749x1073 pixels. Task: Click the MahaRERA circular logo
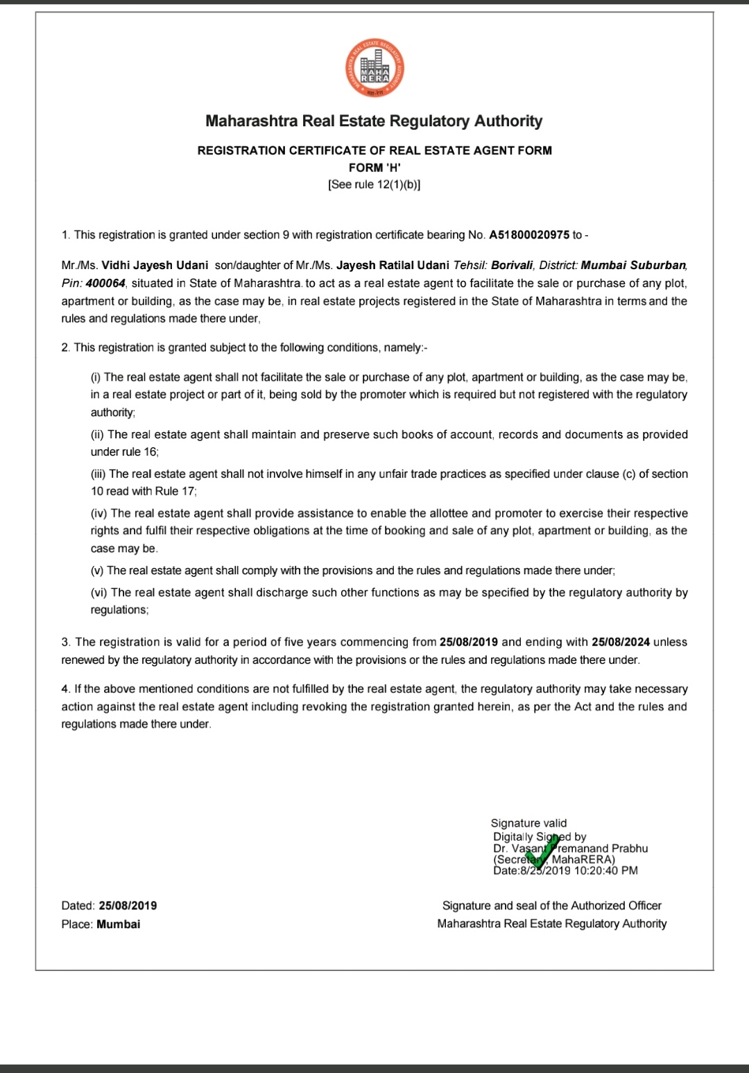click(x=374, y=69)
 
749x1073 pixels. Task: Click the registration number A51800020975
click(x=529, y=235)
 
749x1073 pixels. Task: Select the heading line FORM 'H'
click(x=374, y=168)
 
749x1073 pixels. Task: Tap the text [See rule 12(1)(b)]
click(x=374, y=184)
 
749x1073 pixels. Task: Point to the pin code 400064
click(x=105, y=283)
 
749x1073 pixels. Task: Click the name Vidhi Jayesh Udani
click(x=155, y=266)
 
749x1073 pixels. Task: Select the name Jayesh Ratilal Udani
click(x=393, y=266)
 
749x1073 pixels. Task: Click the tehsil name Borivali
click(x=512, y=266)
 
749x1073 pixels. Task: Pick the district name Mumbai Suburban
click(x=633, y=266)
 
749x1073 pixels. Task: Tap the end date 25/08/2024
click(x=621, y=642)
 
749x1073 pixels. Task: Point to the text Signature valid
click(x=528, y=823)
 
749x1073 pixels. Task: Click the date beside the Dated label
click(x=128, y=906)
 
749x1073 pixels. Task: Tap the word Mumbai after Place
click(x=118, y=925)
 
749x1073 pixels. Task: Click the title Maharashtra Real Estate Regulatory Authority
click(x=374, y=121)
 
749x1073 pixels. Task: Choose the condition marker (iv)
click(x=99, y=514)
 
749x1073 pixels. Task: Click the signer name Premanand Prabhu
click(x=602, y=848)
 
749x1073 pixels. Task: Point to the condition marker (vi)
click(x=99, y=593)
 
